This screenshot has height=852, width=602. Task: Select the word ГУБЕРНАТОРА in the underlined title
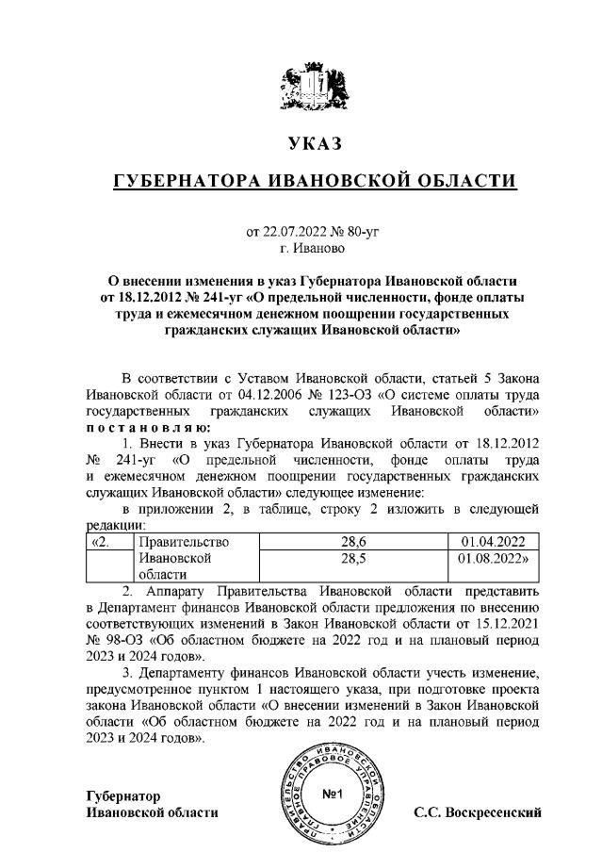183,181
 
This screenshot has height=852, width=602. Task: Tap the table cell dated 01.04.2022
494,542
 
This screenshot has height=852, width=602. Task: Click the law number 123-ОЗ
342,396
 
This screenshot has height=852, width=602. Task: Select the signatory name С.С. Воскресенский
478,812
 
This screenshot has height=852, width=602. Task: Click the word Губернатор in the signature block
123,796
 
